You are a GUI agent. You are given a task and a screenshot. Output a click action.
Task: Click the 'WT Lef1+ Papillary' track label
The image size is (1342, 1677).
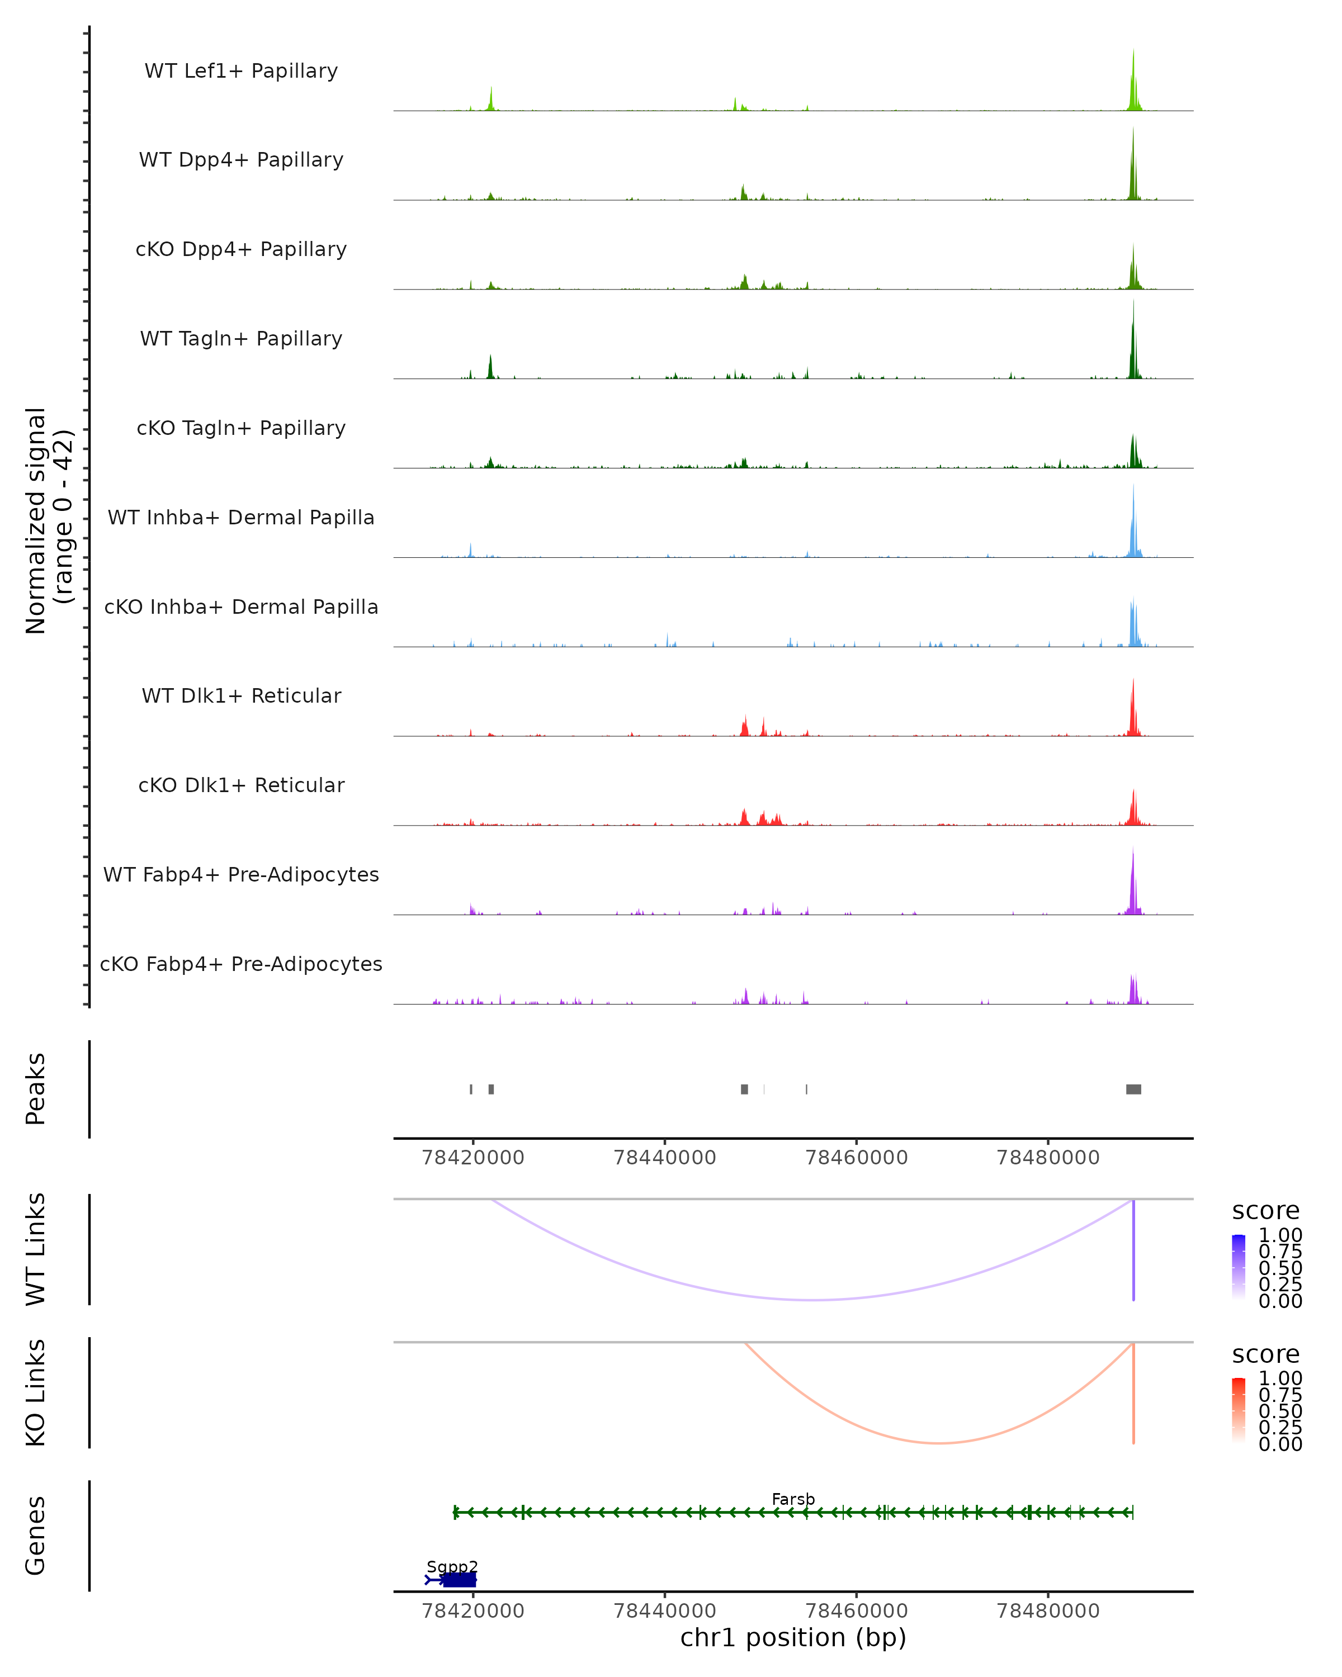click(x=241, y=71)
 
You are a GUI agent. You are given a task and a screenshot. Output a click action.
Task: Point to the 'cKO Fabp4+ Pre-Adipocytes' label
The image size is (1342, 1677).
click(x=241, y=964)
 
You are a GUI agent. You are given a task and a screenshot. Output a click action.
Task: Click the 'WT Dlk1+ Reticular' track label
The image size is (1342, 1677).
click(x=241, y=695)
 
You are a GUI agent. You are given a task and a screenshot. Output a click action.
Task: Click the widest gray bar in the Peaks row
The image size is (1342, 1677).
click(x=1133, y=1089)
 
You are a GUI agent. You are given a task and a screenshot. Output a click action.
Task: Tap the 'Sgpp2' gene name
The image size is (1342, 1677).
click(x=452, y=1566)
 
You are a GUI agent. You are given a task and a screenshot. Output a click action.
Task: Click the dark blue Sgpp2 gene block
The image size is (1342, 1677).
click(x=459, y=1580)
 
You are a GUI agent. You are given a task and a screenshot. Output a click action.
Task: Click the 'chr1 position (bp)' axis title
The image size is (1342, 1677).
click(x=793, y=1638)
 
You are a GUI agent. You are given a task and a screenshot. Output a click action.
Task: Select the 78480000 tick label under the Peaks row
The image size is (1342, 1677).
click(x=1048, y=1158)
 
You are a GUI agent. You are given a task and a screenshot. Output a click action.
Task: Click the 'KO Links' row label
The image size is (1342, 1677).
click(x=36, y=1393)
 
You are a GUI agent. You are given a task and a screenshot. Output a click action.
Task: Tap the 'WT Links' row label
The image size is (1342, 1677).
click(x=36, y=1249)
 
